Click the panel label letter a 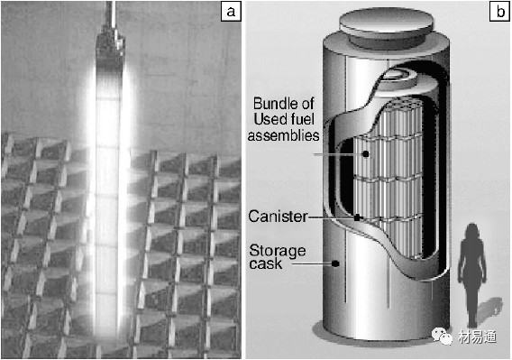[x=231, y=12]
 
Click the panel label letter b [x=500, y=12]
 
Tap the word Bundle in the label [x=275, y=104]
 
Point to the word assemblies [x=283, y=135]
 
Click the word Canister [x=278, y=217]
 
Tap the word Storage [x=278, y=251]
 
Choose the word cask [x=265, y=264]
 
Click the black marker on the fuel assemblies [x=366, y=153]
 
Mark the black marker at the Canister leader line [x=357, y=217]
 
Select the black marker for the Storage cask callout [x=335, y=263]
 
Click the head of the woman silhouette [x=472, y=231]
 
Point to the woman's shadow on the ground [x=489, y=310]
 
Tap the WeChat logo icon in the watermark [x=442, y=336]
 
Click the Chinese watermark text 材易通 [x=477, y=337]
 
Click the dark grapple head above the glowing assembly [x=110, y=46]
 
